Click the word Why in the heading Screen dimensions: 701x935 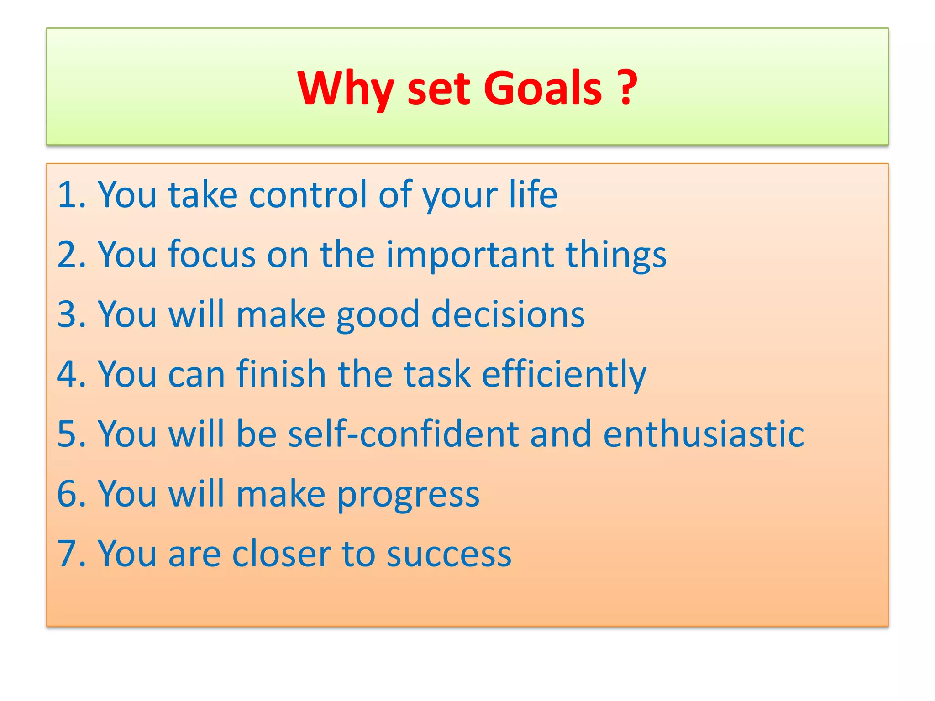(345, 89)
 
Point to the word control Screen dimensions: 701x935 (308, 195)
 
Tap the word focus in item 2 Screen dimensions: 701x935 (212, 255)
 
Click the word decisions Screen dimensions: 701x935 (508, 314)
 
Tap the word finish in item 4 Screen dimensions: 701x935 (281, 374)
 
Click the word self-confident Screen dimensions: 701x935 (403, 434)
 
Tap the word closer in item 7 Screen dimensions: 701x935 (281, 554)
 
